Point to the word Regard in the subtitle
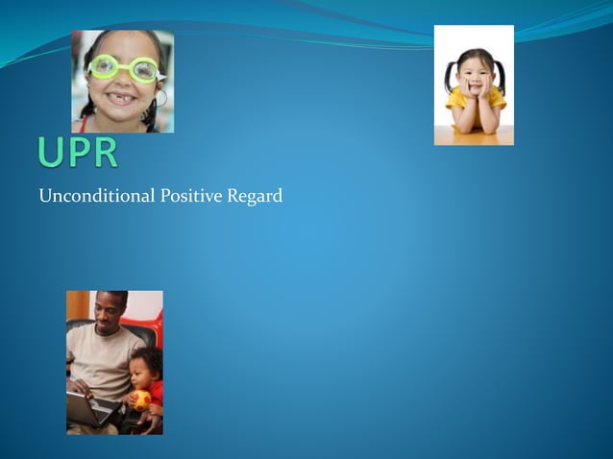[255, 197]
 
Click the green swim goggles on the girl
[124, 69]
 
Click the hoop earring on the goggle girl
[160, 98]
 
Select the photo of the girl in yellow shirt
[474, 85]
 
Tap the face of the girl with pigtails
[474, 78]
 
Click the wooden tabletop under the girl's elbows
[474, 136]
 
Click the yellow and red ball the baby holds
[141, 399]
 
